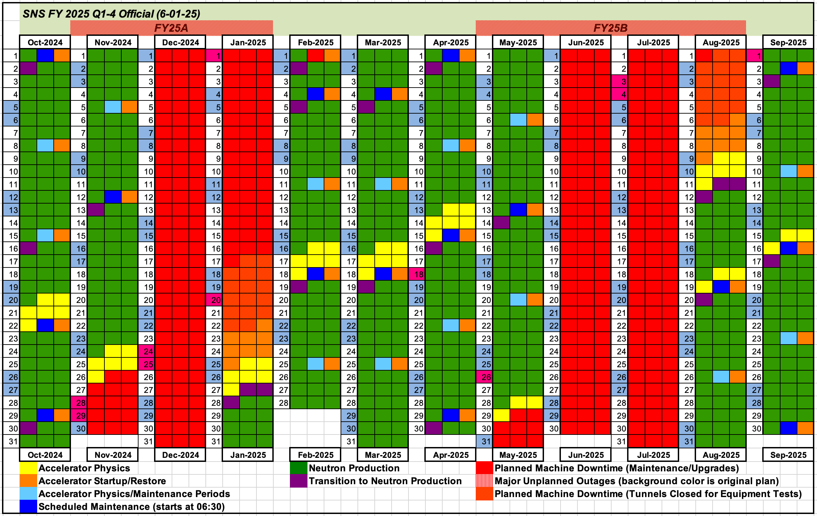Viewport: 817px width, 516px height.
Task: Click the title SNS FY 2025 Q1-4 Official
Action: click(x=111, y=14)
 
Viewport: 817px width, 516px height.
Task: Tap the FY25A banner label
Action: click(x=171, y=28)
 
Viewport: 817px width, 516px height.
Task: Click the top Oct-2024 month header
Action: click(x=45, y=42)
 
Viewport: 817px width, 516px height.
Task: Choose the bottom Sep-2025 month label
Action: click(x=788, y=455)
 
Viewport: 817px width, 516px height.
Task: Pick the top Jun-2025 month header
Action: click(x=586, y=42)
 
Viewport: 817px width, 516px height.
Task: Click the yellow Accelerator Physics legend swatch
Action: click(x=28, y=468)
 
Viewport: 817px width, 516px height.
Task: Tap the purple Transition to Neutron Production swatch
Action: click(x=298, y=481)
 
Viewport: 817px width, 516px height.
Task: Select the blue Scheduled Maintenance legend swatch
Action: click(x=28, y=507)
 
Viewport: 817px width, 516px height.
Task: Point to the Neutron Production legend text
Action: click(x=354, y=468)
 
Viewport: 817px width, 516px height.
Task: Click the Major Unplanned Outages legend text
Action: click(x=637, y=481)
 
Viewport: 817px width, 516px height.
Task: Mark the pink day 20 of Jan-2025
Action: click(x=214, y=300)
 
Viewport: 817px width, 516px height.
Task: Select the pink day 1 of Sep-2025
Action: click(x=755, y=56)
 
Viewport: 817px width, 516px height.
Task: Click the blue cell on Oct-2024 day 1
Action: click(x=45, y=56)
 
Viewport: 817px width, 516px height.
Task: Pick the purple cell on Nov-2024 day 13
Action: click(x=96, y=210)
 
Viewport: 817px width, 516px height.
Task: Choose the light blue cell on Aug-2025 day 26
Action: click(x=721, y=377)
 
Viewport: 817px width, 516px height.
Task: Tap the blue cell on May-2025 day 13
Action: click(x=518, y=210)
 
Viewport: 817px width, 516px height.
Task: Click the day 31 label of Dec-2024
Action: click(x=147, y=441)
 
